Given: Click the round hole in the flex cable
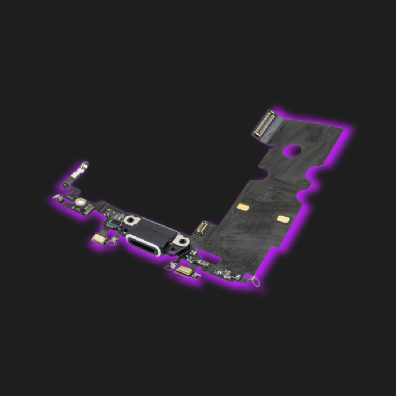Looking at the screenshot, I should click(x=292, y=151).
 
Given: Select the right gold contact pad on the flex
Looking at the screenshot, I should click(x=283, y=219).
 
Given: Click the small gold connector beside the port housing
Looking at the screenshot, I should click(x=201, y=228).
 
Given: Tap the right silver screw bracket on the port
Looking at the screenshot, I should click(x=180, y=241).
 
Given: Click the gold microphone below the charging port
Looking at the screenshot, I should click(x=184, y=271).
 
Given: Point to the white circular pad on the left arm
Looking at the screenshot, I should click(x=80, y=201).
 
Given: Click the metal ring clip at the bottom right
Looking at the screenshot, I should click(x=256, y=282).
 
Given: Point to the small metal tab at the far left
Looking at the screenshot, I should click(x=58, y=198).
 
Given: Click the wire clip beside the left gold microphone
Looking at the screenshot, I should click(x=114, y=240).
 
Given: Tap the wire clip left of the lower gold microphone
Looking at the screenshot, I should click(x=169, y=267).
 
